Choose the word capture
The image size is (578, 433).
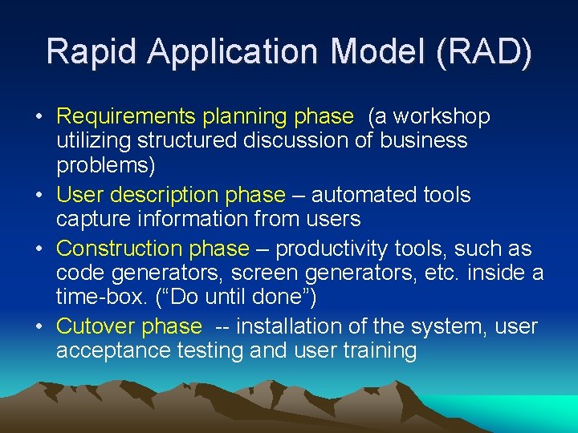[88, 219]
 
